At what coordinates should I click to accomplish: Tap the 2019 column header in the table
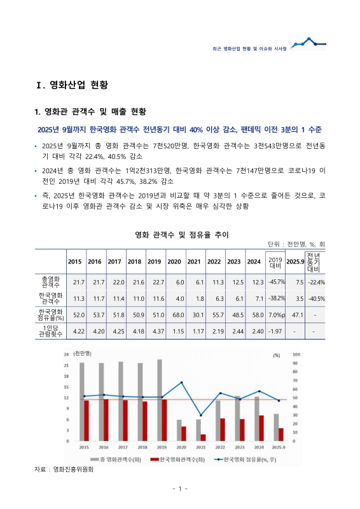pyautogui.click(x=154, y=261)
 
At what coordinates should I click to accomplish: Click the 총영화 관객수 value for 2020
pyautogui.click(x=174, y=282)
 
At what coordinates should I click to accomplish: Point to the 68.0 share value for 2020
pyautogui.click(x=174, y=314)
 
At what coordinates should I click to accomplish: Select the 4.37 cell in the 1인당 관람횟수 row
pyautogui.click(x=154, y=331)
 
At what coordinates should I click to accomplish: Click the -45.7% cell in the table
pyautogui.click(x=275, y=282)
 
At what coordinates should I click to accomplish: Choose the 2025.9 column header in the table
pyautogui.click(x=294, y=261)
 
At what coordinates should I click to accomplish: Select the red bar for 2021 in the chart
pyautogui.click(x=203, y=437)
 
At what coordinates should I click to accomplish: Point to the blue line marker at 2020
pyautogui.click(x=182, y=382)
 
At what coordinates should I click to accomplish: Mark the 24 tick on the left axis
pyautogui.click(x=66, y=354)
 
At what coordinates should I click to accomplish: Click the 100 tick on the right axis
pyautogui.click(x=295, y=354)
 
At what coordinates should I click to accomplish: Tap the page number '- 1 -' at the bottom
pyautogui.click(x=179, y=489)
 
